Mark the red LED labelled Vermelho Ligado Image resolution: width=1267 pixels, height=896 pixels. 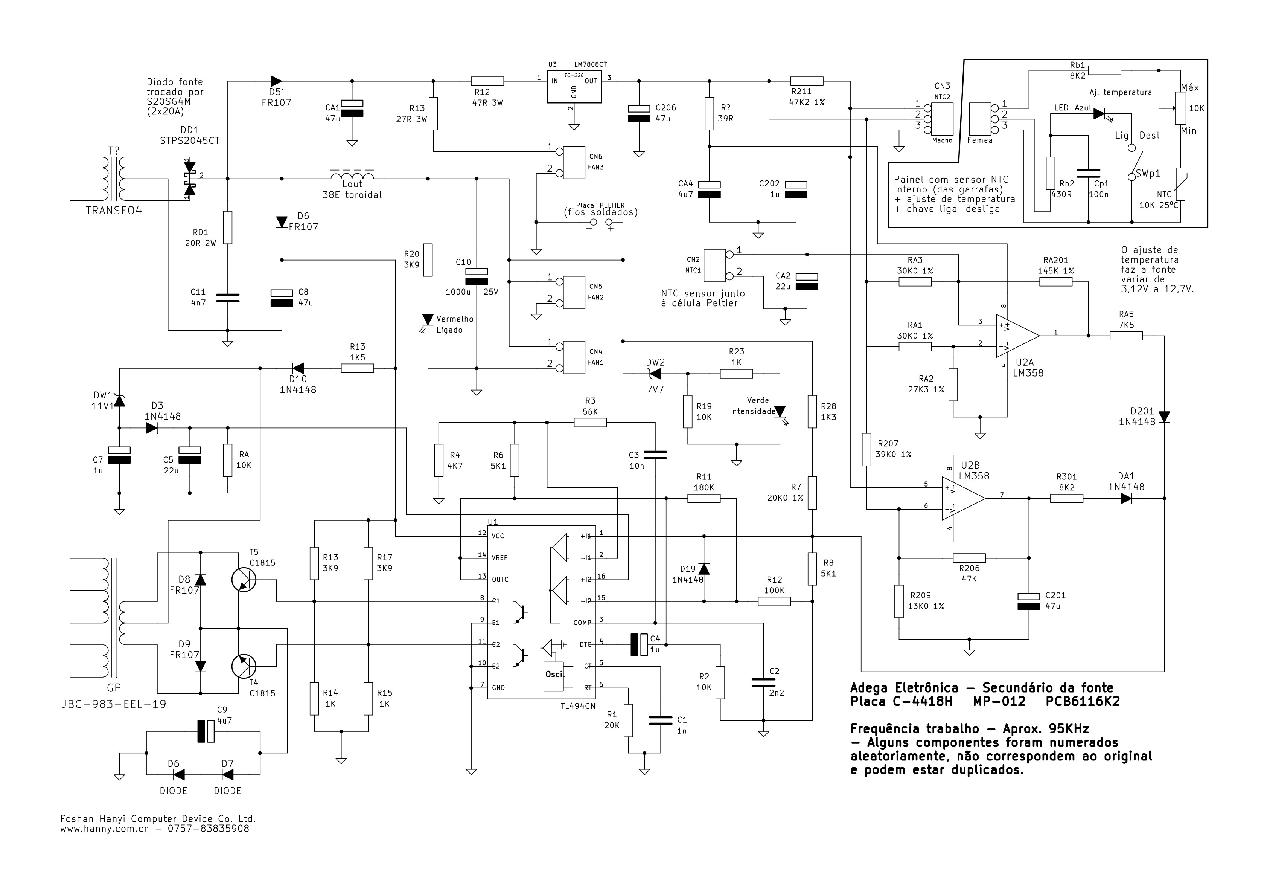(428, 320)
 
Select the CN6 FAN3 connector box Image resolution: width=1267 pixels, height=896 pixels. (574, 162)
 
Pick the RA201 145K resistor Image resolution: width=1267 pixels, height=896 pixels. (1056, 282)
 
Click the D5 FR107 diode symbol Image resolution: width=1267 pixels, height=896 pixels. (276, 82)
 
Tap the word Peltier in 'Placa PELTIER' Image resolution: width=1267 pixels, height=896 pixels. (612, 205)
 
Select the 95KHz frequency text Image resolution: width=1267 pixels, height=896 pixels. (1063, 729)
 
